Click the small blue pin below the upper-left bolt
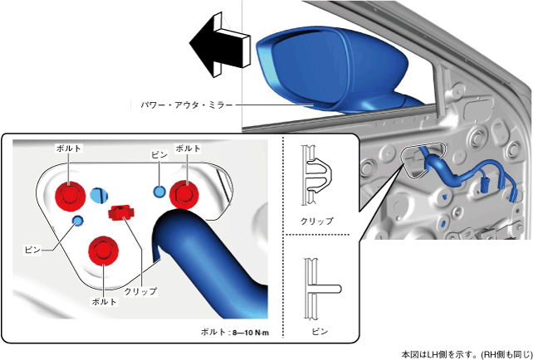(78, 221)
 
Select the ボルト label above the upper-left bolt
(68, 147)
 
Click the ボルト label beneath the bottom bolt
(104, 300)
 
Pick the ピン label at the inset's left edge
(32, 248)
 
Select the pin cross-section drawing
(318, 287)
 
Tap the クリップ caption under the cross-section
(317, 221)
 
